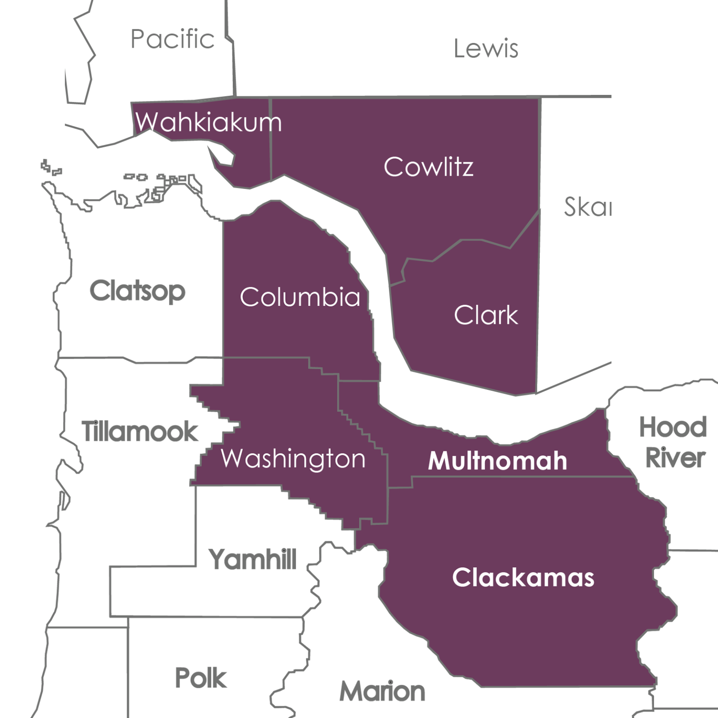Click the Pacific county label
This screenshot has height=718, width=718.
click(172, 39)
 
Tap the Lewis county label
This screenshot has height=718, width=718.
click(486, 49)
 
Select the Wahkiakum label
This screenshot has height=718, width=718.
click(208, 122)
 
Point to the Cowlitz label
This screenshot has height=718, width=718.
click(428, 167)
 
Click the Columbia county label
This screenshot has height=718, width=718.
click(300, 297)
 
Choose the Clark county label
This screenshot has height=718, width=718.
click(486, 316)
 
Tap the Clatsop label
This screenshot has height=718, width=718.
click(137, 291)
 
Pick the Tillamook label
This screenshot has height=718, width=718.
click(140, 431)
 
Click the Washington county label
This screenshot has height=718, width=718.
click(293, 459)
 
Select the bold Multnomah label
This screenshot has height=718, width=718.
click(497, 461)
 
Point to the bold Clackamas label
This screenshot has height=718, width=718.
click(523, 578)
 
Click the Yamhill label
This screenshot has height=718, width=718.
click(252, 559)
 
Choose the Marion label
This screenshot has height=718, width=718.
click(382, 691)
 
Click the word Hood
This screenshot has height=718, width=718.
click(673, 427)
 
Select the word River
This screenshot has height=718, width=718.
click(675, 458)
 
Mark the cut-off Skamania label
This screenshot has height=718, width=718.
click(587, 207)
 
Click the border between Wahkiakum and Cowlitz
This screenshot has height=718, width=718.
click(271, 140)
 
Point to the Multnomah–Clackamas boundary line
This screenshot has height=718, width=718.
click(514, 477)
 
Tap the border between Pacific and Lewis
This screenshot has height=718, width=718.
click(233, 65)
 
